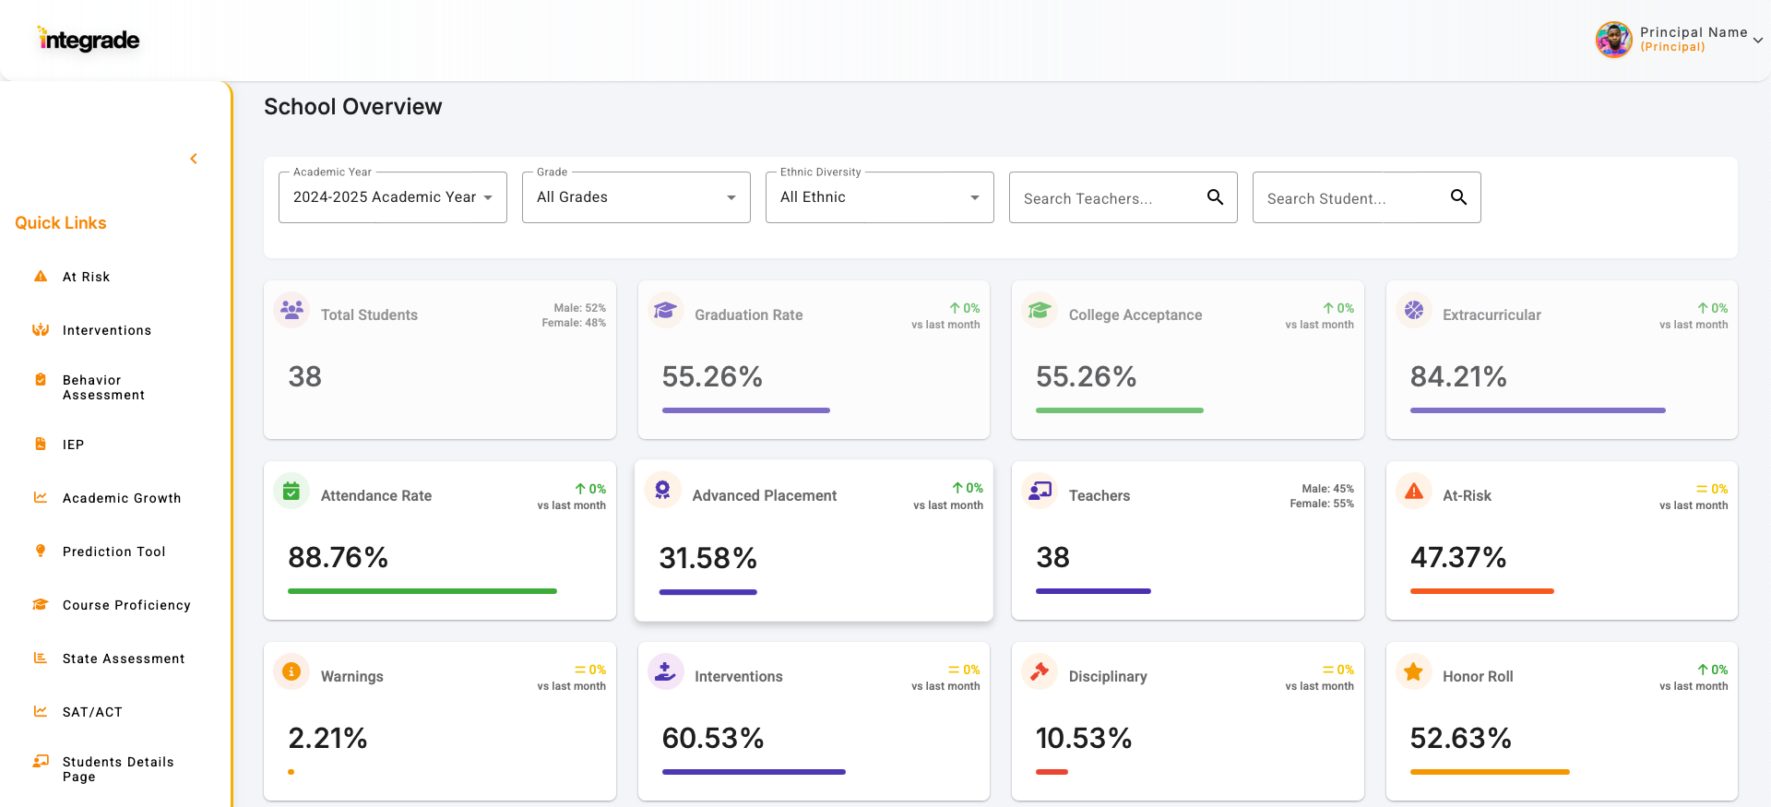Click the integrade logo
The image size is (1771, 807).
(x=89, y=40)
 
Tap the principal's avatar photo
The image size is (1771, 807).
(x=1613, y=40)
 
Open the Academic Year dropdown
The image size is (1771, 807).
(x=392, y=197)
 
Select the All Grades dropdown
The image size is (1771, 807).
(x=636, y=197)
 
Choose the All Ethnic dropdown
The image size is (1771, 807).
(x=879, y=197)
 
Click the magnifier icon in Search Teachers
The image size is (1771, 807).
(x=1215, y=197)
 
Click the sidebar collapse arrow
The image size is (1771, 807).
(x=194, y=159)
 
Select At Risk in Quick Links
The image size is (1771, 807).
(x=86, y=277)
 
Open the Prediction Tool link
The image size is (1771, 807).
(x=113, y=552)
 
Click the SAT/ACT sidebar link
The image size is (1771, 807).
(x=92, y=712)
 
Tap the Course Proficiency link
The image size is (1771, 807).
(x=126, y=605)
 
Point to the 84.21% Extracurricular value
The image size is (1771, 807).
(x=1457, y=376)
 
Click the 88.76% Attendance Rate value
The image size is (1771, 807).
(x=338, y=557)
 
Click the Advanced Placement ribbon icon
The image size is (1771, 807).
(x=662, y=490)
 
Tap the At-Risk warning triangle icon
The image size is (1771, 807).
(x=1413, y=492)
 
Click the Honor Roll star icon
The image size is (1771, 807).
(x=1413, y=672)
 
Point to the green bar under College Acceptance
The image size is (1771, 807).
(x=1119, y=410)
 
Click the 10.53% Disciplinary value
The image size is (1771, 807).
(x=1083, y=738)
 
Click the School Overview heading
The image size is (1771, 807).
(x=352, y=107)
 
